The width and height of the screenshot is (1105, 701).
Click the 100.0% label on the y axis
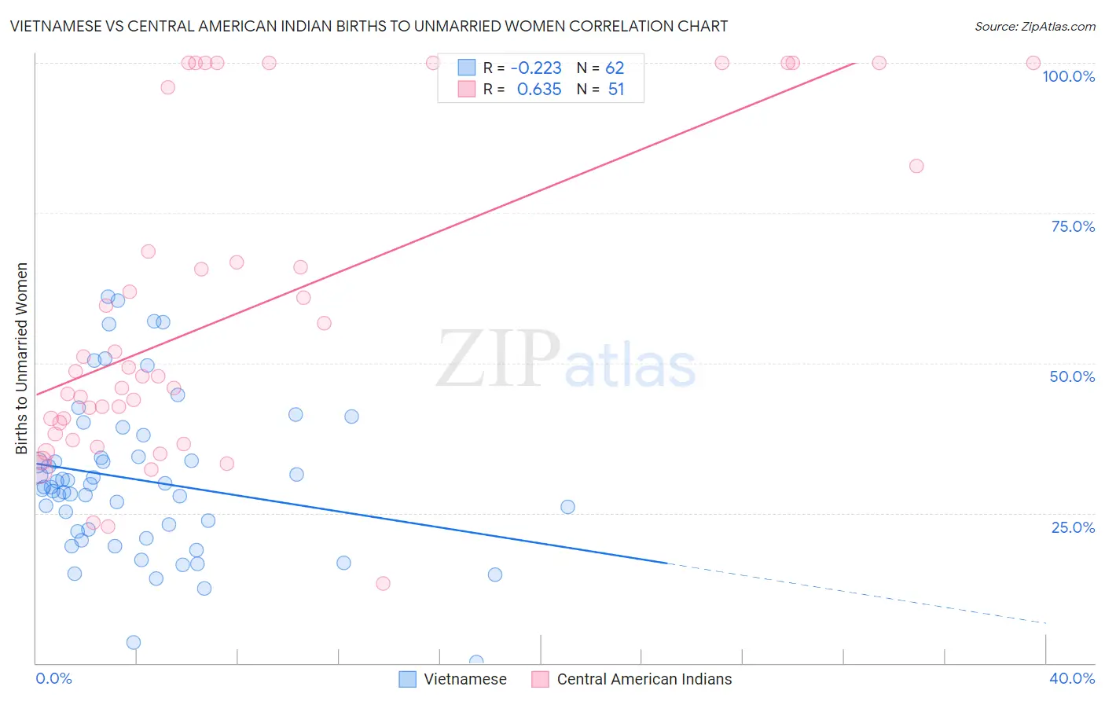pyautogui.click(x=1068, y=76)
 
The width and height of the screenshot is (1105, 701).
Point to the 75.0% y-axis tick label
pyautogui.click(x=1073, y=226)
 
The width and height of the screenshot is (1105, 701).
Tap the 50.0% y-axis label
pyautogui.click(x=1072, y=376)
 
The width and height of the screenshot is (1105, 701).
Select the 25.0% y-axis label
pyautogui.click(x=1073, y=527)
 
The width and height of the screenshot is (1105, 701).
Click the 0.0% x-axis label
pyautogui.click(x=53, y=678)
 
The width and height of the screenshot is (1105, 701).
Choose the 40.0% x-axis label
pyautogui.click(x=1071, y=678)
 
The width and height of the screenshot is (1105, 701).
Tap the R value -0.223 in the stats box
pyautogui.click(x=536, y=68)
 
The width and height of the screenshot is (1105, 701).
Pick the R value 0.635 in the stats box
pyautogui.click(x=539, y=90)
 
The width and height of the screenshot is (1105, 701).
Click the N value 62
pyautogui.click(x=615, y=68)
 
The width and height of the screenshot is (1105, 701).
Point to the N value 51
pyautogui.click(x=616, y=90)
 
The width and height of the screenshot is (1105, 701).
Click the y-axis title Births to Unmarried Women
pyautogui.click(x=22, y=358)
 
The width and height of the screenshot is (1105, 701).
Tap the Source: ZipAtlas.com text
pyautogui.click(x=1034, y=27)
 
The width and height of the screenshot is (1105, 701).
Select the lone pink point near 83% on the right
pyautogui.click(x=916, y=166)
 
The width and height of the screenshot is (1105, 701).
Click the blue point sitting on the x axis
pyautogui.click(x=476, y=662)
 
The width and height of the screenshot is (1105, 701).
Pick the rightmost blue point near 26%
pyautogui.click(x=567, y=507)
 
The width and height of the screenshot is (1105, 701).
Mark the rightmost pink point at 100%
pyautogui.click(x=1033, y=63)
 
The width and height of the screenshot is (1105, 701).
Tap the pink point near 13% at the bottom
pyautogui.click(x=384, y=583)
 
